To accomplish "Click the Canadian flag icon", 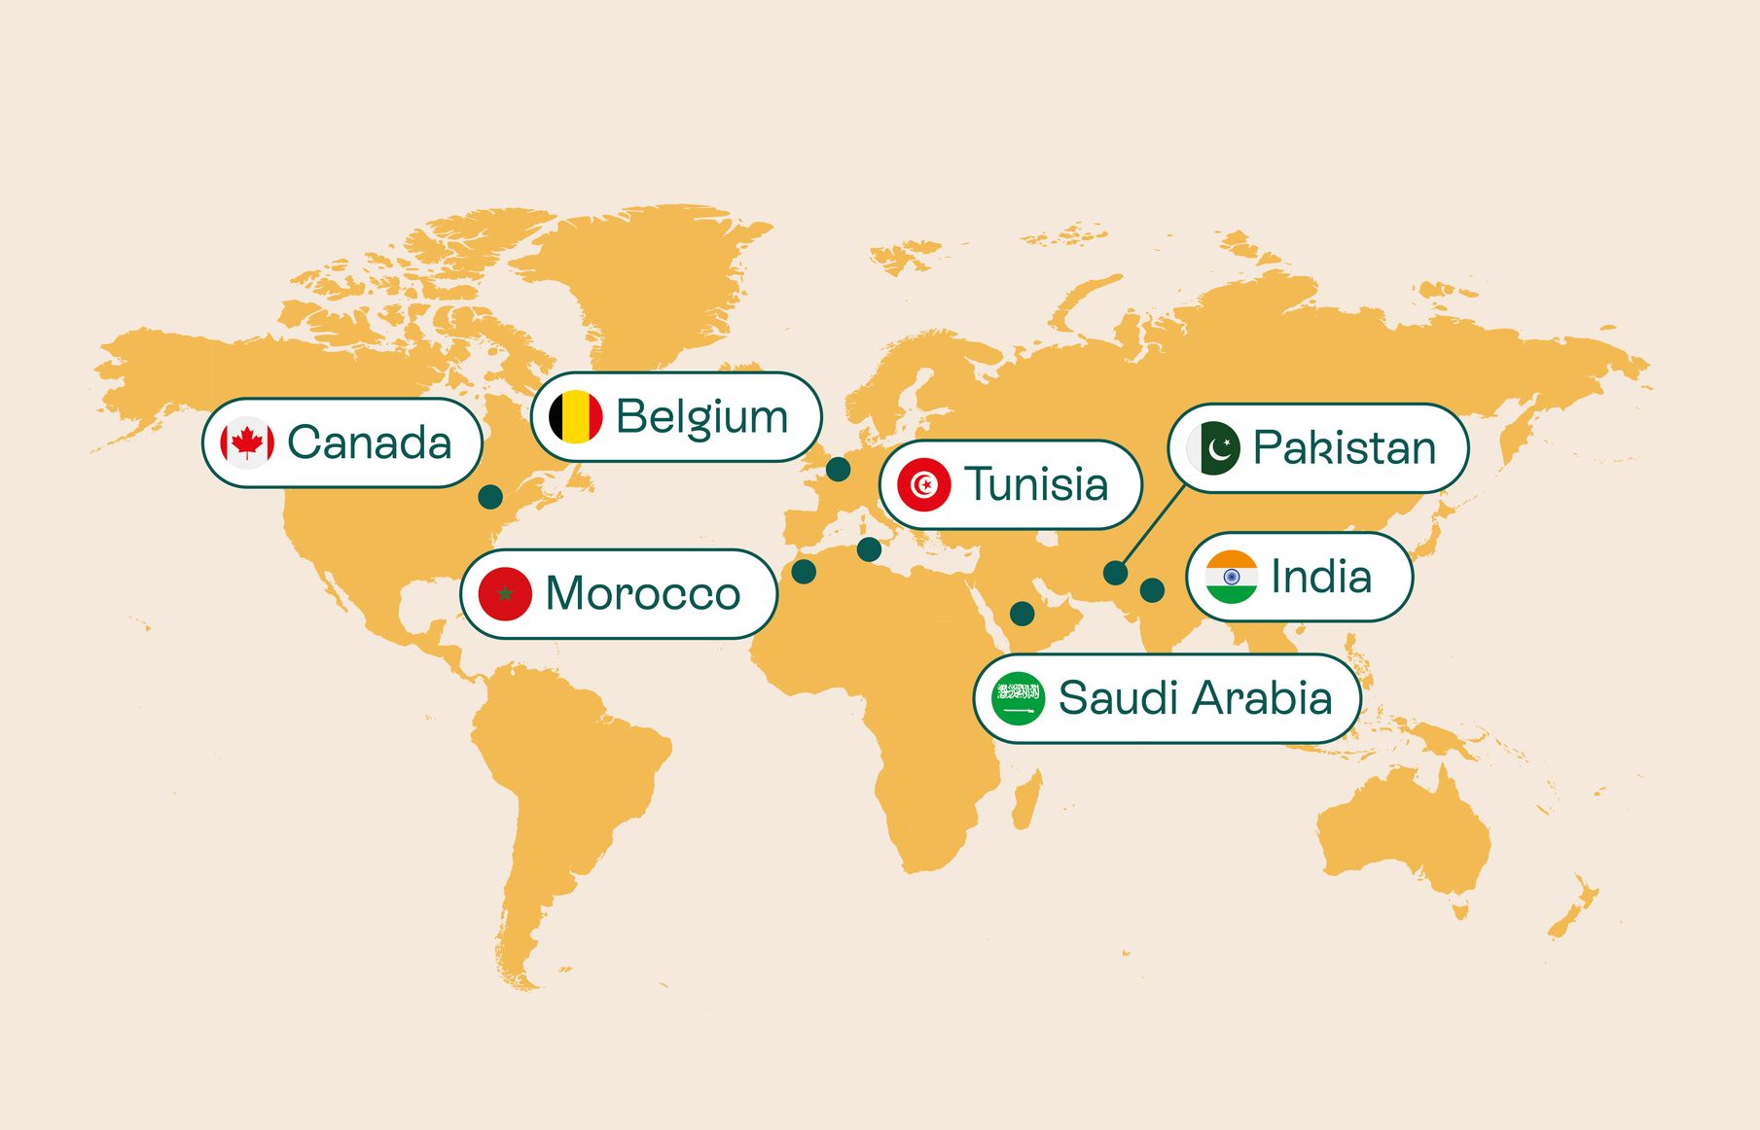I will click(x=247, y=443).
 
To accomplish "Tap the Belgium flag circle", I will click(x=576, y=417).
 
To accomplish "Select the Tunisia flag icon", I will click(x=923, y=484).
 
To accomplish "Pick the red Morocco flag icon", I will click(x=505, y=593).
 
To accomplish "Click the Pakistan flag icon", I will click(x=1213, y=448).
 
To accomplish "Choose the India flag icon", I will click(x=1231, y=577).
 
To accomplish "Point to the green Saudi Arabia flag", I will click(x=1018, y=698).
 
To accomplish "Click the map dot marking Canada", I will click(x=490, y=497).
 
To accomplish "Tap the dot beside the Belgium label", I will click(x=838, y=469).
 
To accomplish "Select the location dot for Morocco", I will click(x=804, y=571).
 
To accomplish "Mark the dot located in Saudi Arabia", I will click(x=1022, y=613).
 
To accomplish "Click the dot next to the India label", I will click(x=1152, y=589).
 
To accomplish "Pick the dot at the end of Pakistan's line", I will click(x=1116, y=573).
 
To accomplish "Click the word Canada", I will click(x=370, y=443).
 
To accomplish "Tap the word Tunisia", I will click(x=1036, y=484).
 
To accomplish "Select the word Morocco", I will click(x=643, y=593).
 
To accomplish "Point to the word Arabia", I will click(x=1263, y=698).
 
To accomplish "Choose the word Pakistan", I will click(x=1344, y=448).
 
